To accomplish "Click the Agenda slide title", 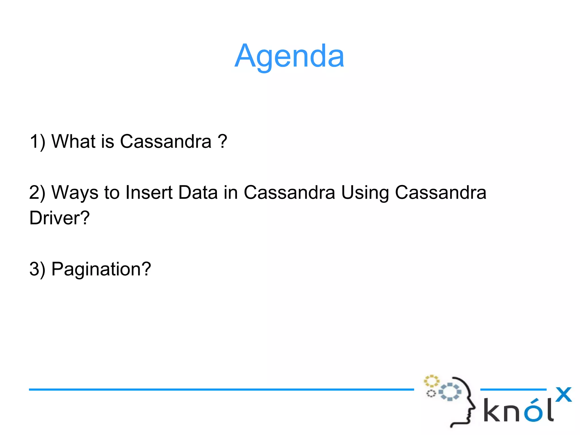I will point(289,56).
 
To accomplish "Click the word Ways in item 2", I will point(75,193).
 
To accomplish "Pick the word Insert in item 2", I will point(149,192).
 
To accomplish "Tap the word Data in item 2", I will point(198,192).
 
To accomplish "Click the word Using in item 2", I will point(365,193).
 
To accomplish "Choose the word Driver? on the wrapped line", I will point(59,218).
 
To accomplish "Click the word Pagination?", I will point(101,269).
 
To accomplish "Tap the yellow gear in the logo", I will point(431,381).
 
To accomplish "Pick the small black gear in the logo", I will point(431,393).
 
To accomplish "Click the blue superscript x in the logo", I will point(563,394).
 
